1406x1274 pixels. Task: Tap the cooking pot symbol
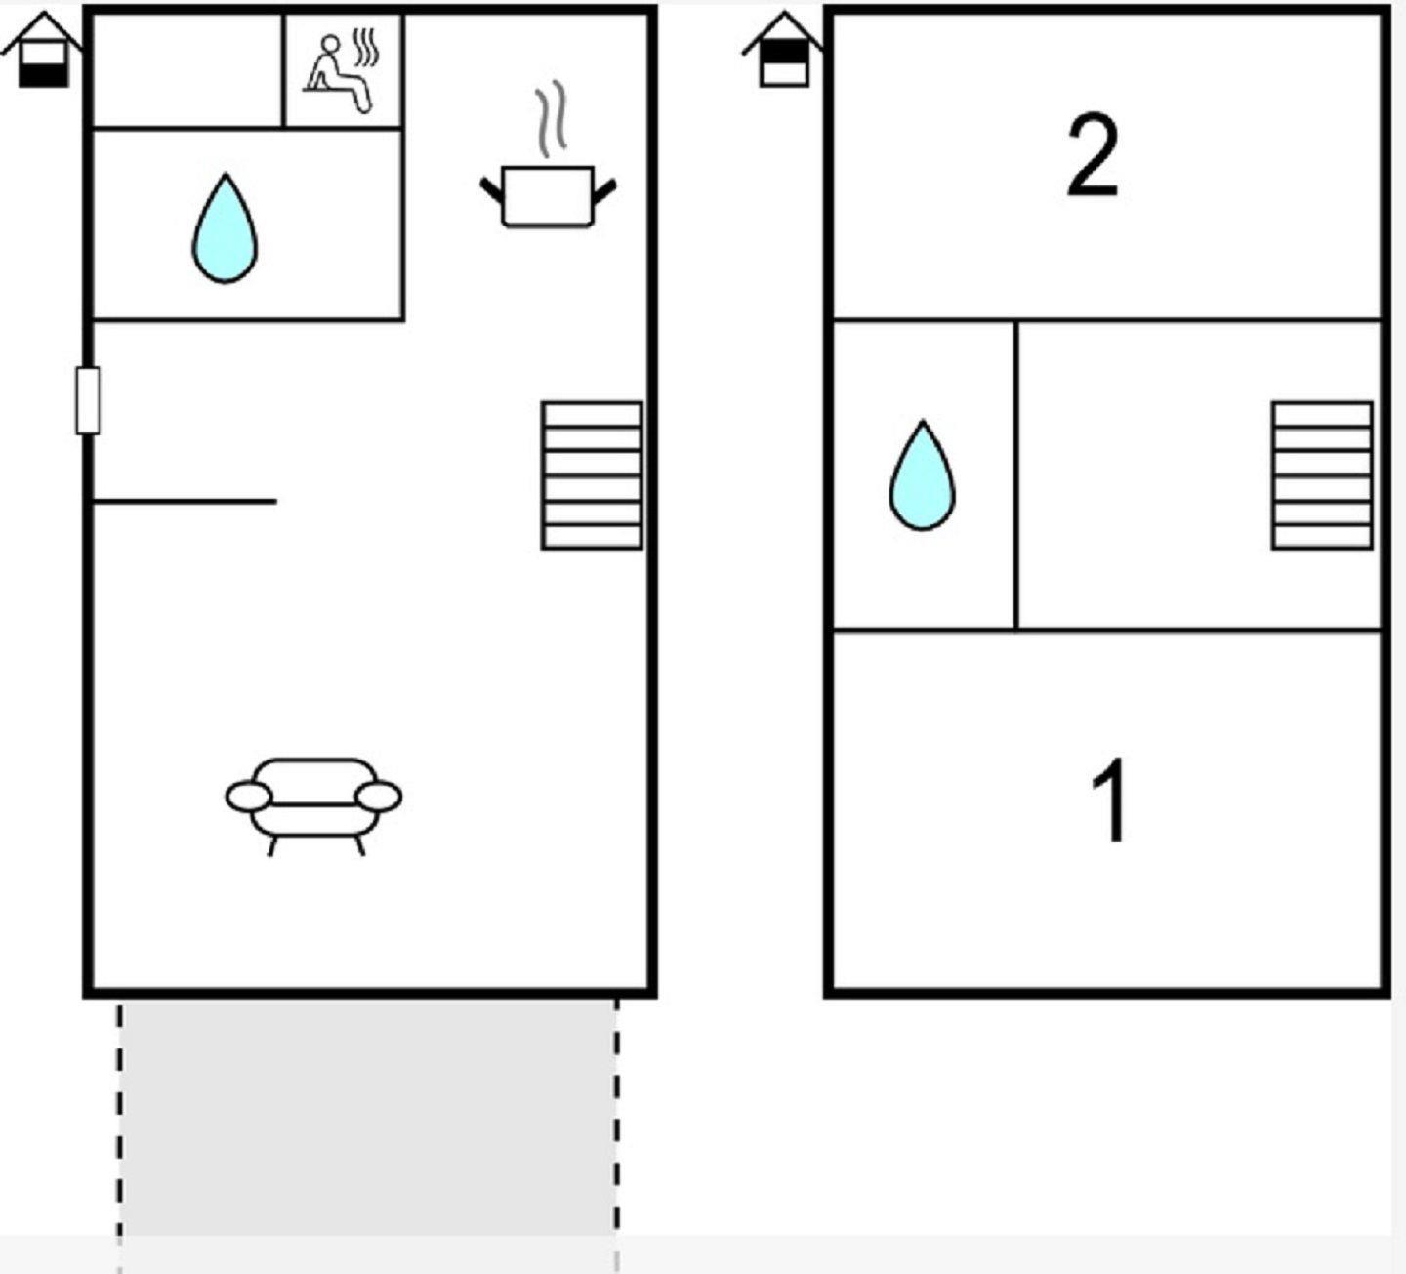[548, 197]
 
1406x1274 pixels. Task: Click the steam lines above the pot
[551, 119]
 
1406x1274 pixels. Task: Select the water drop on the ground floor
[225, 228]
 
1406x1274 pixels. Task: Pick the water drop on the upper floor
[923, 475]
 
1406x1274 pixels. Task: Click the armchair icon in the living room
[313, 805]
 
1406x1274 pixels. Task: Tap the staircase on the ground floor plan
[592, 475]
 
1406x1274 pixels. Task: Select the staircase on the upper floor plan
[1323, 475]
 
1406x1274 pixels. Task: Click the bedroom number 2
[1092, 156]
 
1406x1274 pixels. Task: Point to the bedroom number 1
[1109, 800]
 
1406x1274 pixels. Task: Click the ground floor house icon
[42, 51]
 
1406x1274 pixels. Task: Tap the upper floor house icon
[783, 51]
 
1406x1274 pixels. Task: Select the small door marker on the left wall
[88, 401]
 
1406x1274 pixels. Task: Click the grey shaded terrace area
[368, 1118]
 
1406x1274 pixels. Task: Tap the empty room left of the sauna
[187, 70]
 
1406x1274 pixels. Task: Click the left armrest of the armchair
[248, 798]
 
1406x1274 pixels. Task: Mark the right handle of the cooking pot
[604, 191]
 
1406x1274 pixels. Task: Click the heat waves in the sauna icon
[366, 48]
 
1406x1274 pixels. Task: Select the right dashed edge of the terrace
[617, 1135]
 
